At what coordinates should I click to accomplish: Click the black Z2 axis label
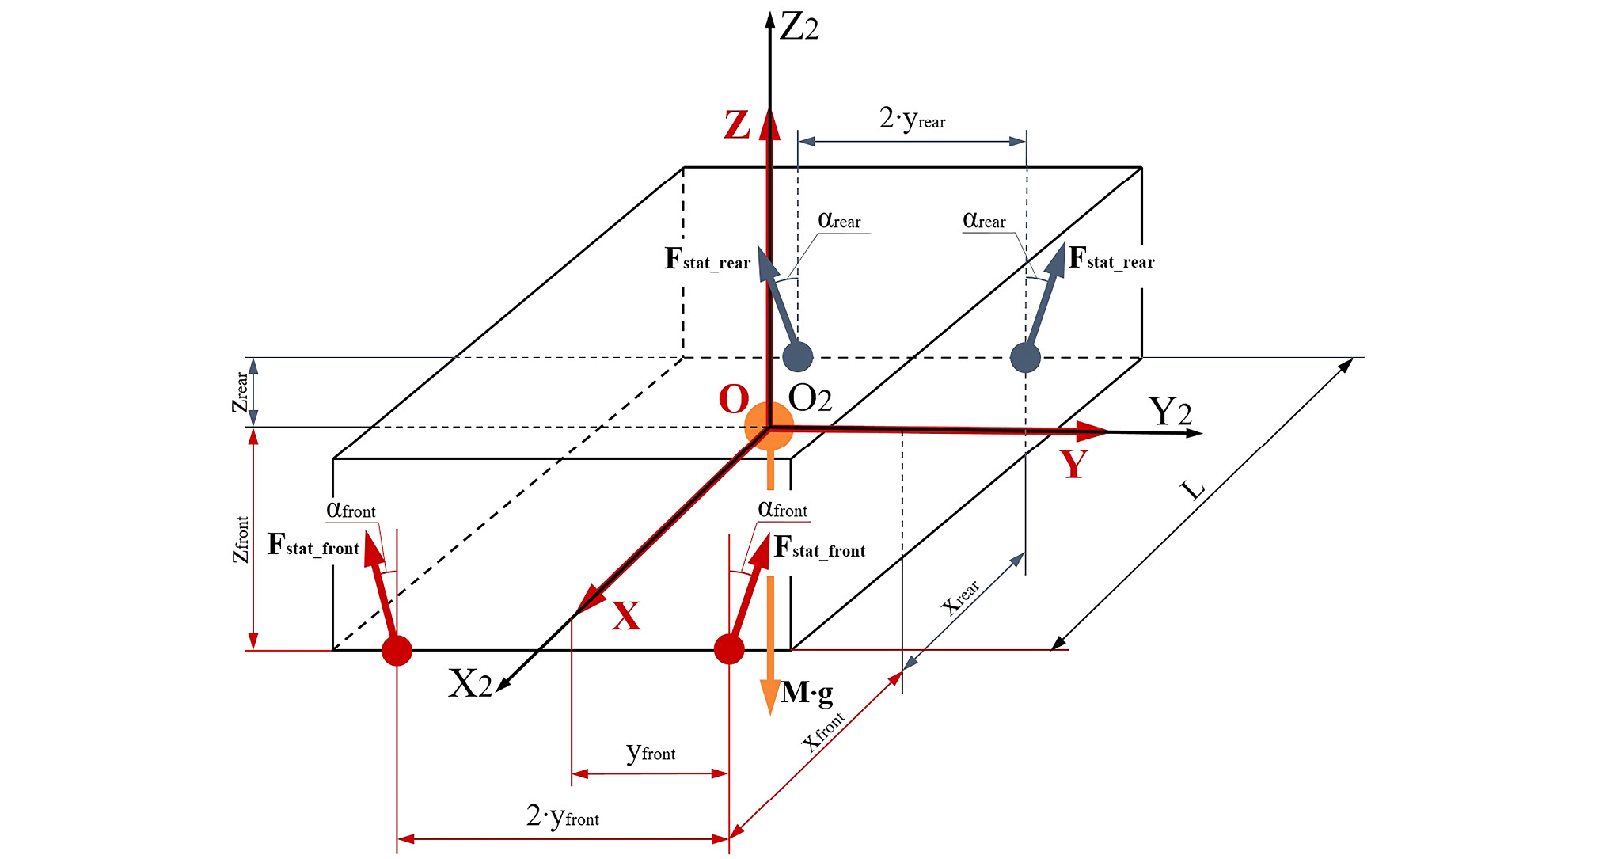799,29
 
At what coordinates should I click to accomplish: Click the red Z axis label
737,125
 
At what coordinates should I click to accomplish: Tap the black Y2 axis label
1169,412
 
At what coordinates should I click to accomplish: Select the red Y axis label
1074,464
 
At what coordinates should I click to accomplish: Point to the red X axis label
625,615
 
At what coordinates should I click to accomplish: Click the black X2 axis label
470,683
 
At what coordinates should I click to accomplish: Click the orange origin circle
769,426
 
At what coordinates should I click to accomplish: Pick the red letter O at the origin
733,400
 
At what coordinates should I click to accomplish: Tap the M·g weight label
807,693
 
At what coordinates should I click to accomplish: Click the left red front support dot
397,651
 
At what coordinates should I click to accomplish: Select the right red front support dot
729,649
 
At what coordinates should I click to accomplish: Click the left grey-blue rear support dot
797,357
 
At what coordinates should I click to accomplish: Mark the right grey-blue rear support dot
1025,357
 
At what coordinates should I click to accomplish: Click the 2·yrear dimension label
912,120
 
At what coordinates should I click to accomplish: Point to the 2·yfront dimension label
563,815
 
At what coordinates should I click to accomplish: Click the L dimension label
1193,490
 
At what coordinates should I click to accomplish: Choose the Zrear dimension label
240,392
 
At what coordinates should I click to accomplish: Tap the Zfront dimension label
240,539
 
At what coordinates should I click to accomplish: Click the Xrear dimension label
960,598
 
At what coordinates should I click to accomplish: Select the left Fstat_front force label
313,545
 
